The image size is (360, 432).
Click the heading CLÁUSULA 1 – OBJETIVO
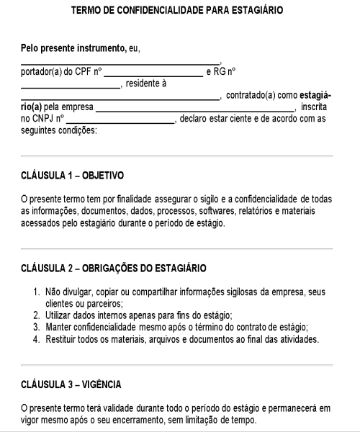[x=72, y=174]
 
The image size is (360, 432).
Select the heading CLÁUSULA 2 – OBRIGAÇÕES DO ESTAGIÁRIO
[x=113, y=268]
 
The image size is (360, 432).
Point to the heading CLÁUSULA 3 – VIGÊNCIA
[x=71, y=384]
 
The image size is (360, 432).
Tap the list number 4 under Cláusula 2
[x=37, y=339]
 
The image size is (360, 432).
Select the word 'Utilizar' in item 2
[x=61, y=315]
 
